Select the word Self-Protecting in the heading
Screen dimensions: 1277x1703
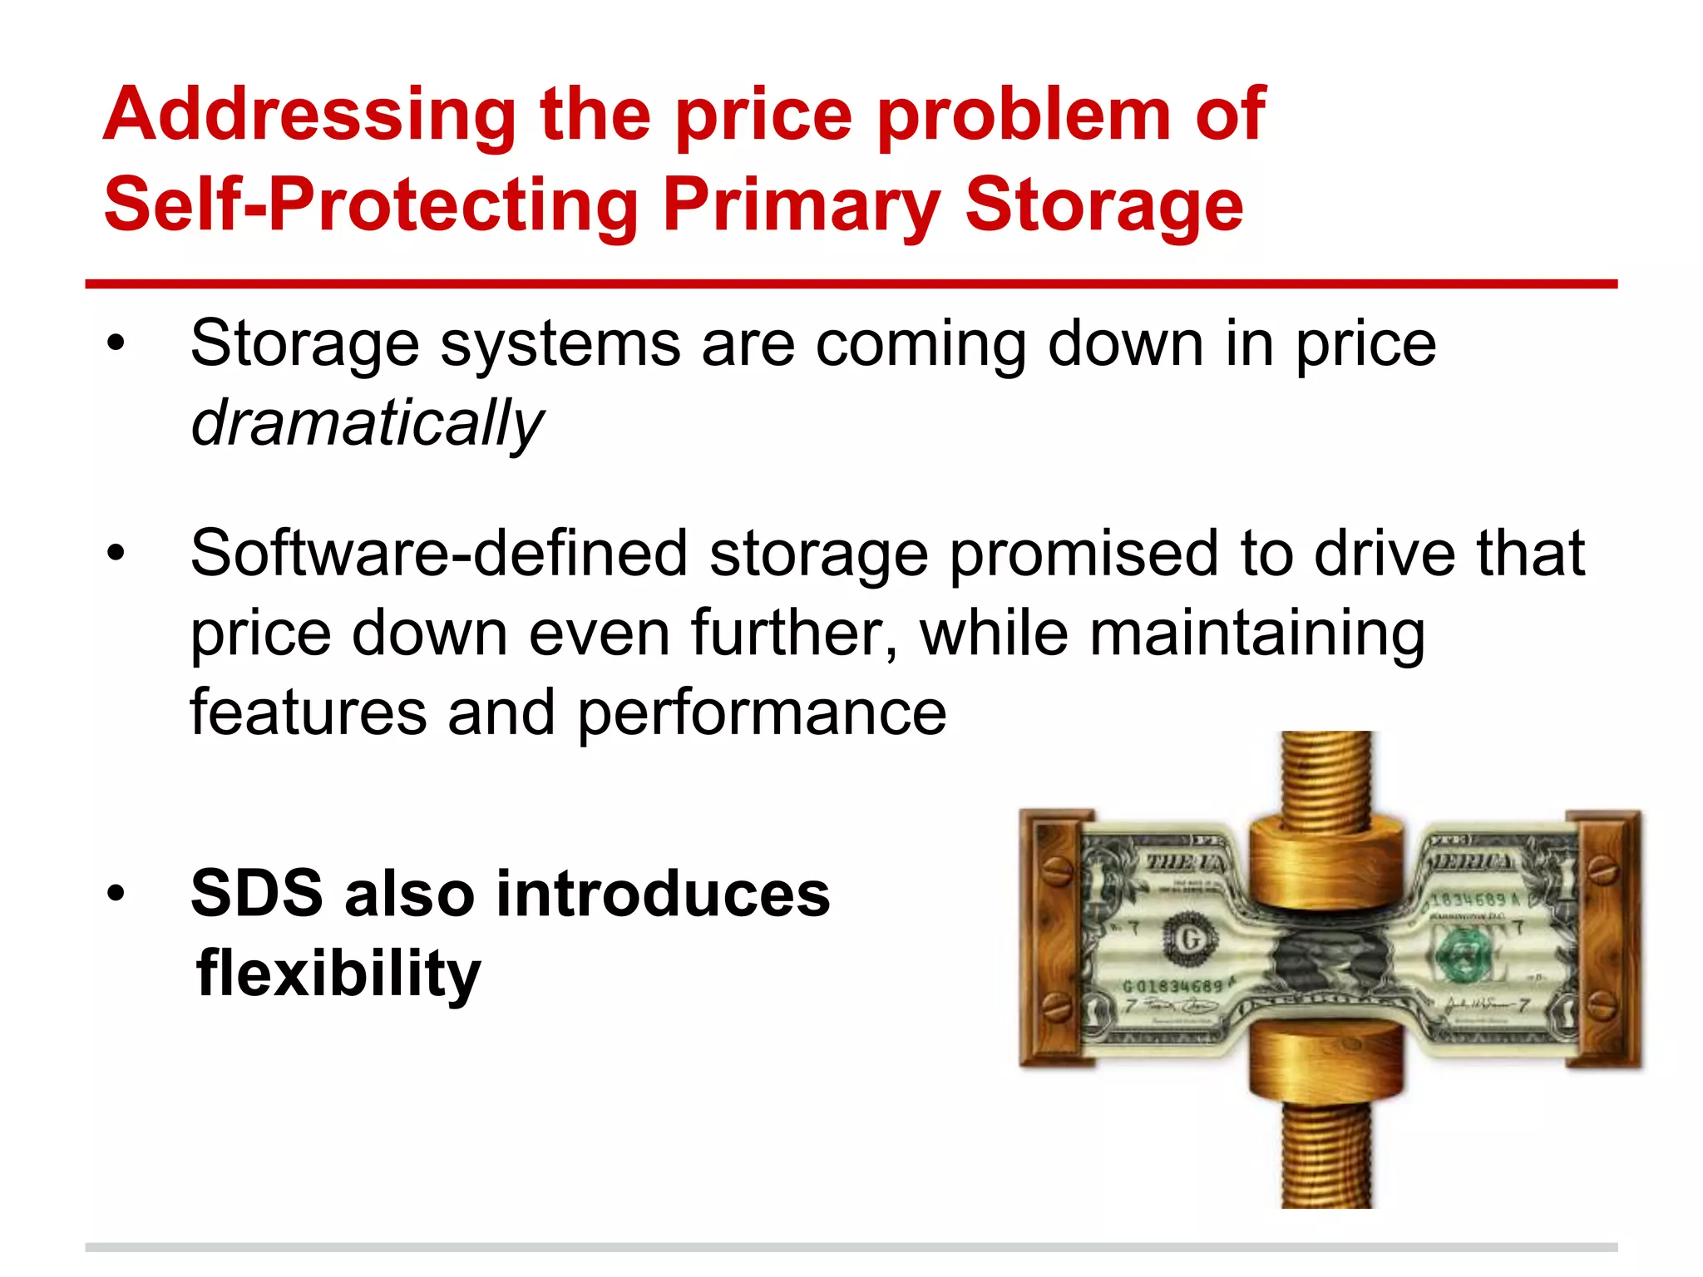tap(371, 206)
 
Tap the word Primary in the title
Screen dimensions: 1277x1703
tap(801, 206)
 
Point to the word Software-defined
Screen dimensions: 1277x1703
tap(438, 554)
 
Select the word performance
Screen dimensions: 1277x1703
tap(762, 713)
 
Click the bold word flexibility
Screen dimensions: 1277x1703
tap(338, 973)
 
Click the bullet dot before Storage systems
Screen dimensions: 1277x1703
tap(116, 343)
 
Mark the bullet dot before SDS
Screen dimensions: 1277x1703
tap(116, 894)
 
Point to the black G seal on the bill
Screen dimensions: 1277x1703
tap(1189, 939)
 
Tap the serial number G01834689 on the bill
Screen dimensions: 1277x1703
tap(1172, 987)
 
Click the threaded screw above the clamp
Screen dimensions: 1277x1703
tap(1326, 777)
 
